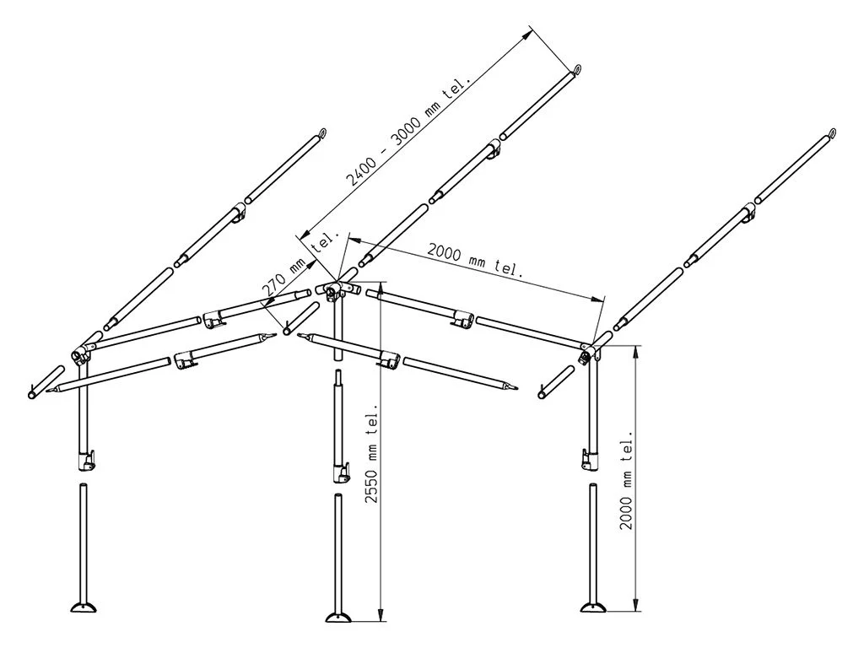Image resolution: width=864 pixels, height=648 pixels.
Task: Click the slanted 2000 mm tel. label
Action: coord(475,260)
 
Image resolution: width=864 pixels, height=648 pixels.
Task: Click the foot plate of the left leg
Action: coord(85,609)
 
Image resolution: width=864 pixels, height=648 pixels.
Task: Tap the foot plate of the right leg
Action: coord(597,607)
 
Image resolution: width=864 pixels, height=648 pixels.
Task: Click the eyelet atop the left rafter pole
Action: coord(321,132)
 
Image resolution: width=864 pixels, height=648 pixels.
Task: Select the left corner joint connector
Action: coord(83,351)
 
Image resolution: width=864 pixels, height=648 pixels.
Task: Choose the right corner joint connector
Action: coord(590,349)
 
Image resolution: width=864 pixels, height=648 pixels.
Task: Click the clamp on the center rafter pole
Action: coord(494,150)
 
